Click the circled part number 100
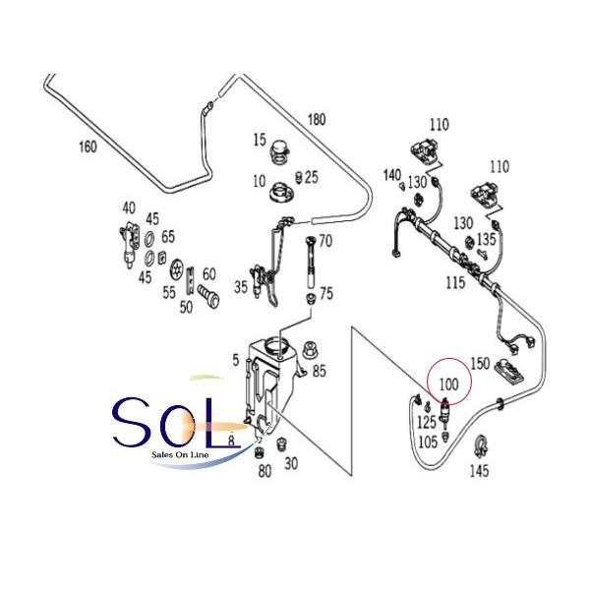(x=449, y=384)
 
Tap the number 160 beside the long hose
(x=88, y=147)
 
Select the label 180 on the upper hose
(x=317, y=119)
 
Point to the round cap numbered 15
(x=280, y=151)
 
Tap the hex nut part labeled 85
(x=310, y=350)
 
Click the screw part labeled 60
(x=208, y=296)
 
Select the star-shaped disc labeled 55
(x=177, y=269)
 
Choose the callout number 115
(x=455, y=282)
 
